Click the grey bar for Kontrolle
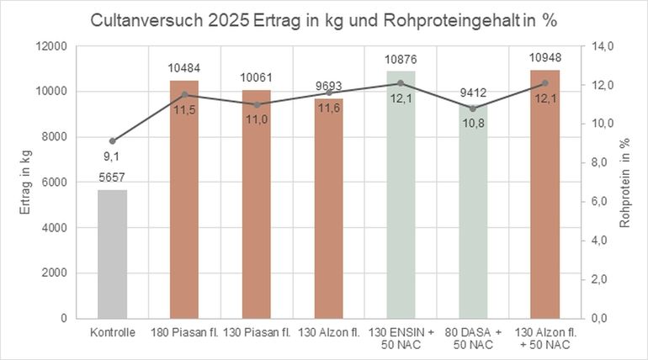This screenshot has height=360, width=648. point(112,254)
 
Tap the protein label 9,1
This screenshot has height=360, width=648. point(112,156)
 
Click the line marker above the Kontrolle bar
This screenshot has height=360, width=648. point(112,140)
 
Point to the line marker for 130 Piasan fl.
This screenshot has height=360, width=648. point(256,104)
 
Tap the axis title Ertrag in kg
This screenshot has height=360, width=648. point(26,182)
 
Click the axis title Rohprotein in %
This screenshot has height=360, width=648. point(625,183)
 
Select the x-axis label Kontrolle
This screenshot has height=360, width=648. point(112,333)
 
